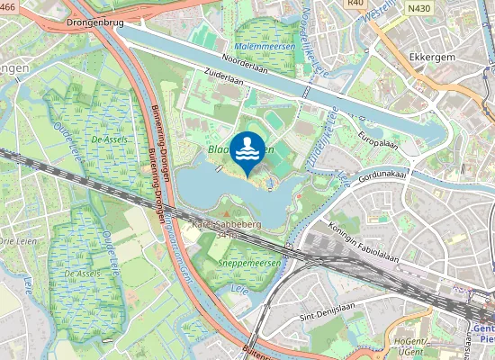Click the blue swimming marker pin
point(248,150)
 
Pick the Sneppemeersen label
point(249,263)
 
